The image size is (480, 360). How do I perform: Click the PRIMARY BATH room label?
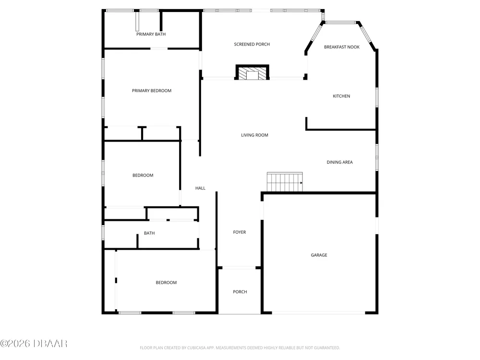[x=151, y=34]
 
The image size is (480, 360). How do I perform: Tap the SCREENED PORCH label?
[x=252, y=44]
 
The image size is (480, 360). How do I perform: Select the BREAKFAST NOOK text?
[x=342, y=47]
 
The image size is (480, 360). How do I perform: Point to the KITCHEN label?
[x=341, y=96]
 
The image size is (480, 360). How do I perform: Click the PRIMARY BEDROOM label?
[x=152, y=91]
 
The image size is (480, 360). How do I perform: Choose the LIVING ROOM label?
[x=254, y=135]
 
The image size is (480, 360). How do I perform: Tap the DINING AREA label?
[x=339, y=162]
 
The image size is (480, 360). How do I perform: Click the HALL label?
[x=200, y=188]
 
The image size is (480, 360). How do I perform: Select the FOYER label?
[x=240, y=232]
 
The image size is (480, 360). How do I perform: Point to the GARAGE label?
[x=319, y=255]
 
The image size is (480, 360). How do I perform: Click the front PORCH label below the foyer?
[x=240, y=292]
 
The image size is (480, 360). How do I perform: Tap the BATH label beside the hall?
[x=149, y=233]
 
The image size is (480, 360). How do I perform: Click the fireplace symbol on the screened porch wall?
[x=252, y=72]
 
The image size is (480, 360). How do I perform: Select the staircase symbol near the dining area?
[x=285, y=182]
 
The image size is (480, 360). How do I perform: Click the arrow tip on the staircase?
[x=302, y=183]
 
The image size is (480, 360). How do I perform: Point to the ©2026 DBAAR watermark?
[x=34, y=344]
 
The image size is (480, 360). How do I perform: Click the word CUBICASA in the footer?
[x=196, y=348]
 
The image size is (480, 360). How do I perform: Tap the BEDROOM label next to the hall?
[x=143, y=175]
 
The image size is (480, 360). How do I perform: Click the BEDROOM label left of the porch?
[x=166, y=283]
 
